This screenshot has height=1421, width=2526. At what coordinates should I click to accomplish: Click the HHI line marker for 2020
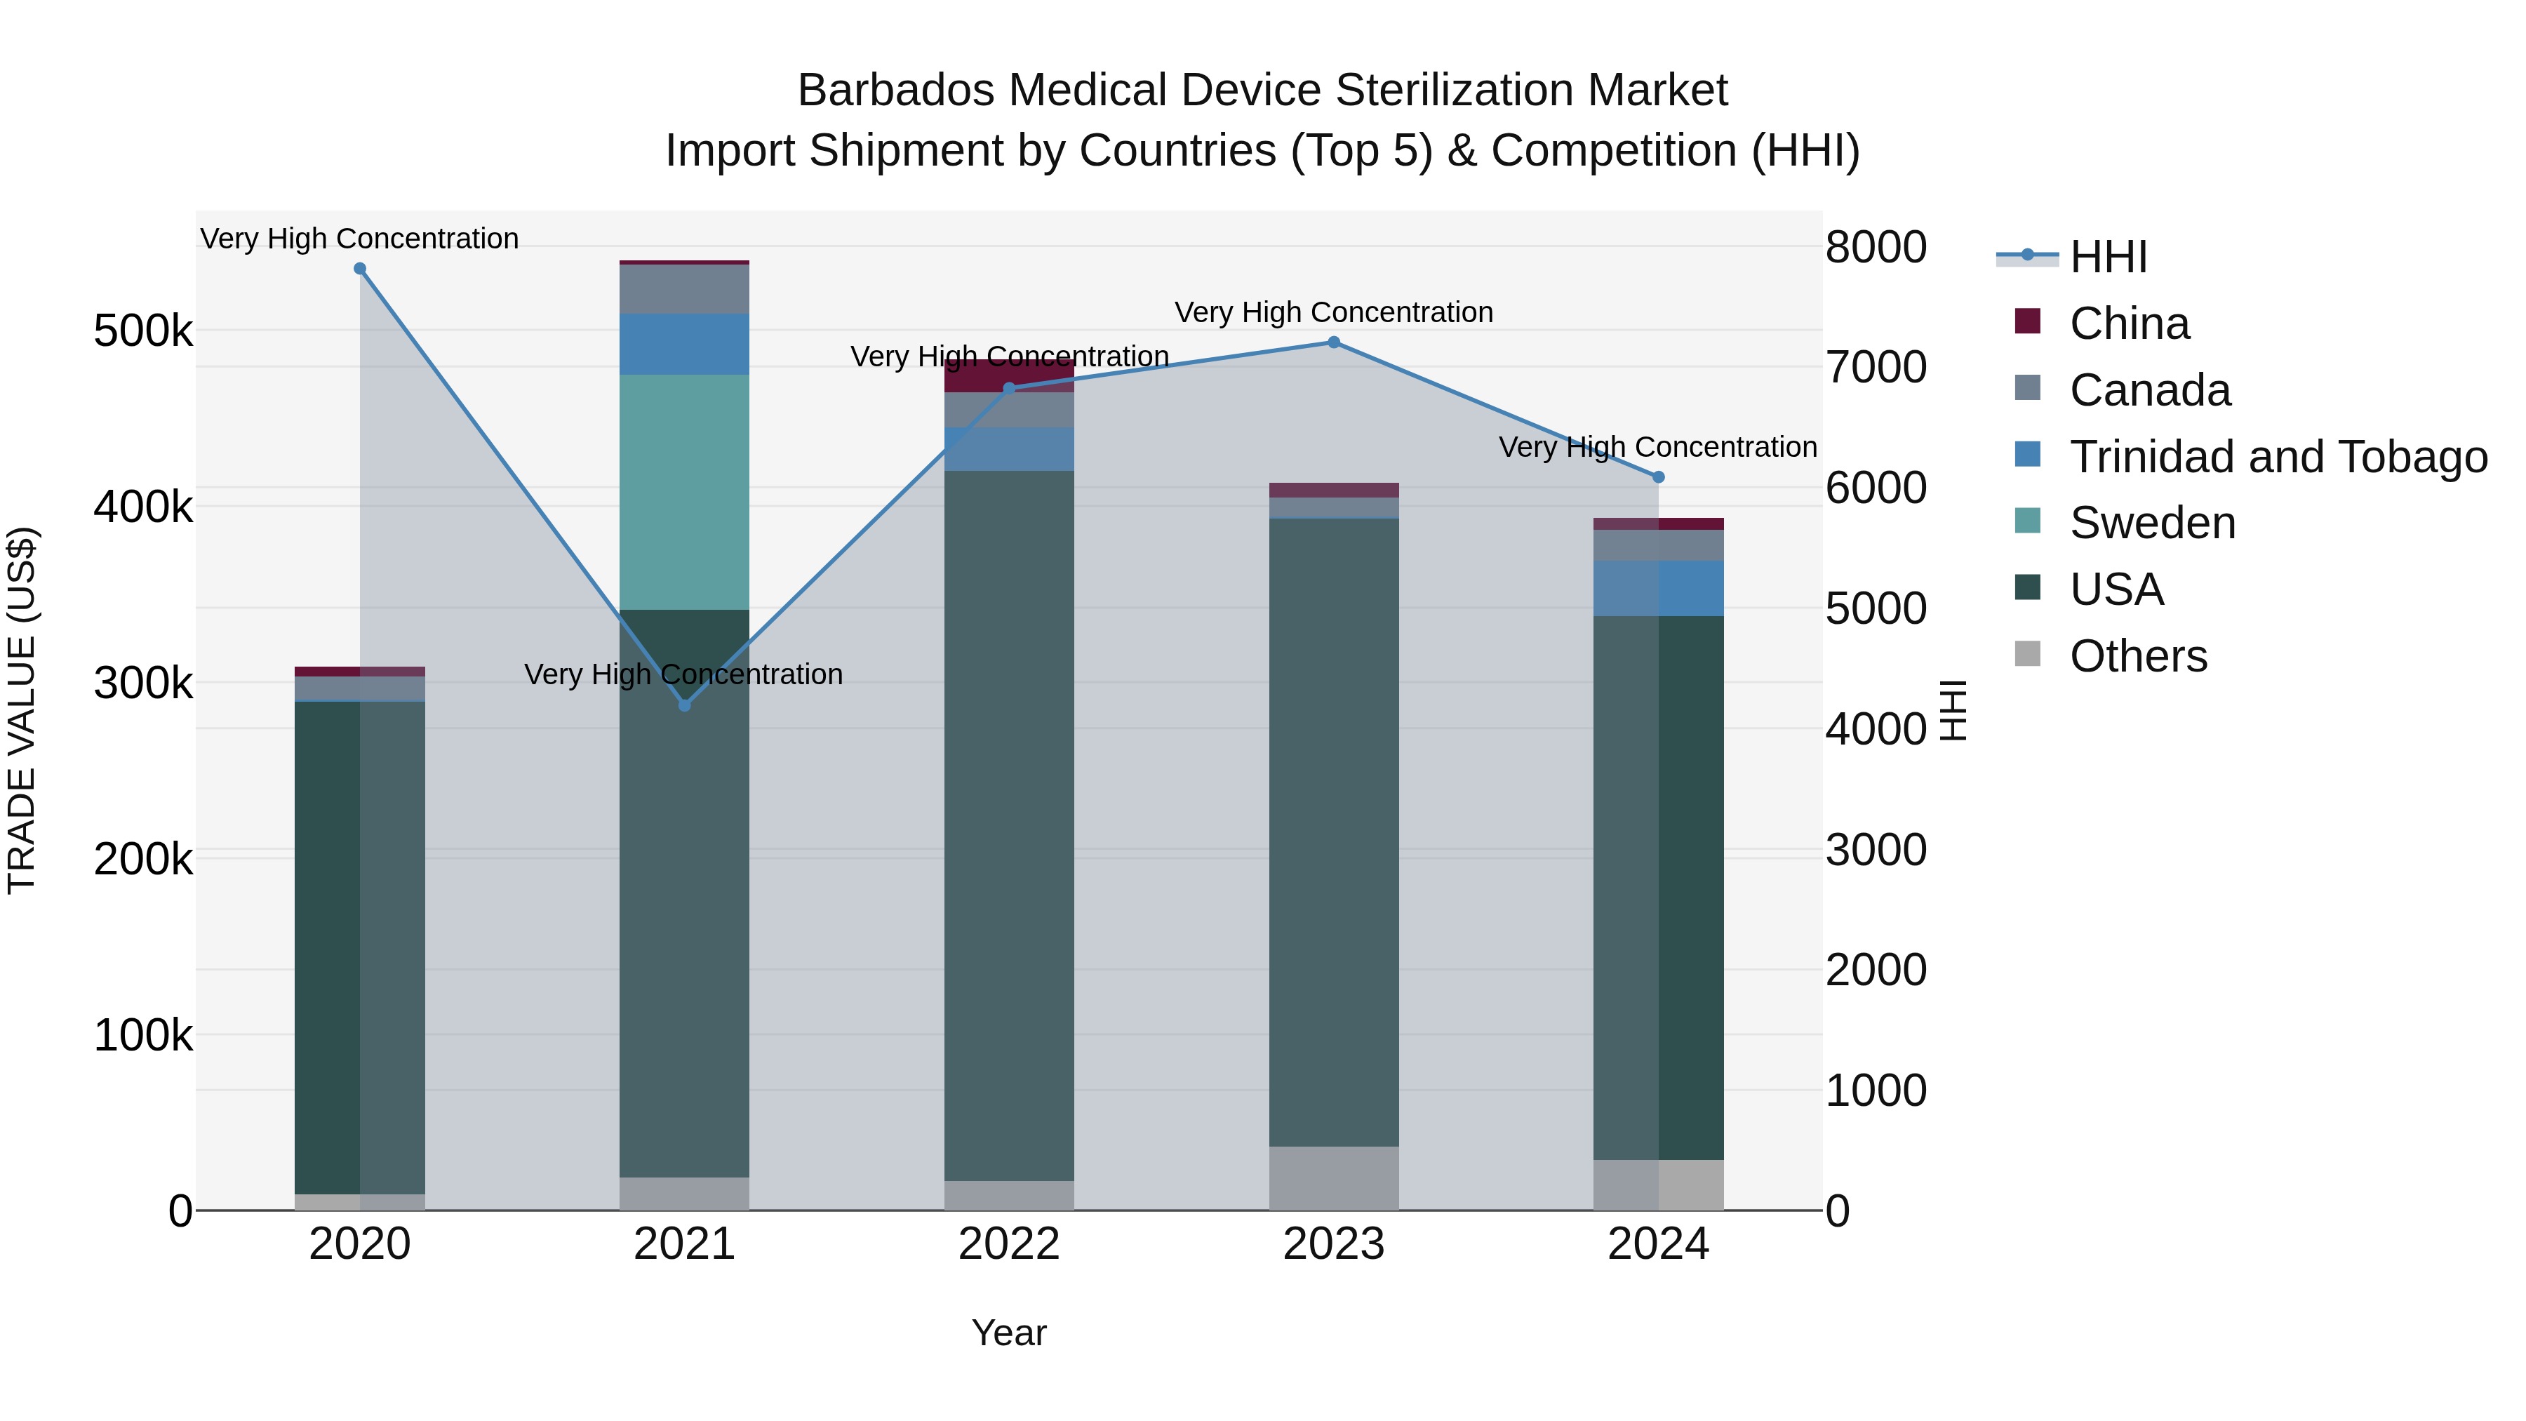click(360, 269)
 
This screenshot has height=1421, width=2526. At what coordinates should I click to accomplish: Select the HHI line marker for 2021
click(684, 705)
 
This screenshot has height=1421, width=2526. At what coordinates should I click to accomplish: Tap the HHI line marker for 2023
click(1334, 342)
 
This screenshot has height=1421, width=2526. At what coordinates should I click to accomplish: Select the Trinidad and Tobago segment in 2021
click(684, 345)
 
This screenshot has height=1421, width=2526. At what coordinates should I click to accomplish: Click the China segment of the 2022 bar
click(1009, 375)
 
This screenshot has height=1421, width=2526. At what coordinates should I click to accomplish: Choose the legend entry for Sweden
click(2153, 523)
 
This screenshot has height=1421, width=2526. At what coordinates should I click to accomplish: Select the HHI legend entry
click(2109, 257)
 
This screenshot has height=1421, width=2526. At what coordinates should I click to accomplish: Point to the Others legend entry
click(2138, 656)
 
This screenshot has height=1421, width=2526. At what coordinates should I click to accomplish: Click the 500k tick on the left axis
click(143, 331)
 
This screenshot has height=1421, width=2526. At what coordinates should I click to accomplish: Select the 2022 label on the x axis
click(1009, 1244)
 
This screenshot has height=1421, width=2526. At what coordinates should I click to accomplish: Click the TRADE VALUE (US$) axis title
click(22, 710)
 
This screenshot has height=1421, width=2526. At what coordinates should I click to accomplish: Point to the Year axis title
click(1009, 1333)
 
